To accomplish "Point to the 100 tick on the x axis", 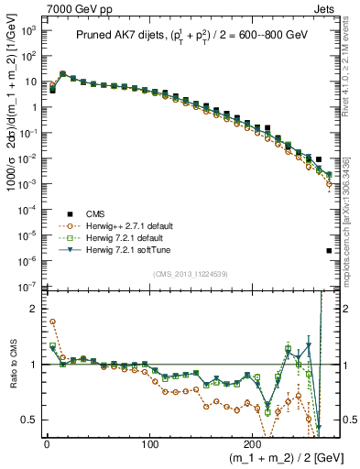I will (x=150, y=441).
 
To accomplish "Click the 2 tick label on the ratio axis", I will (x=35, y=308).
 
